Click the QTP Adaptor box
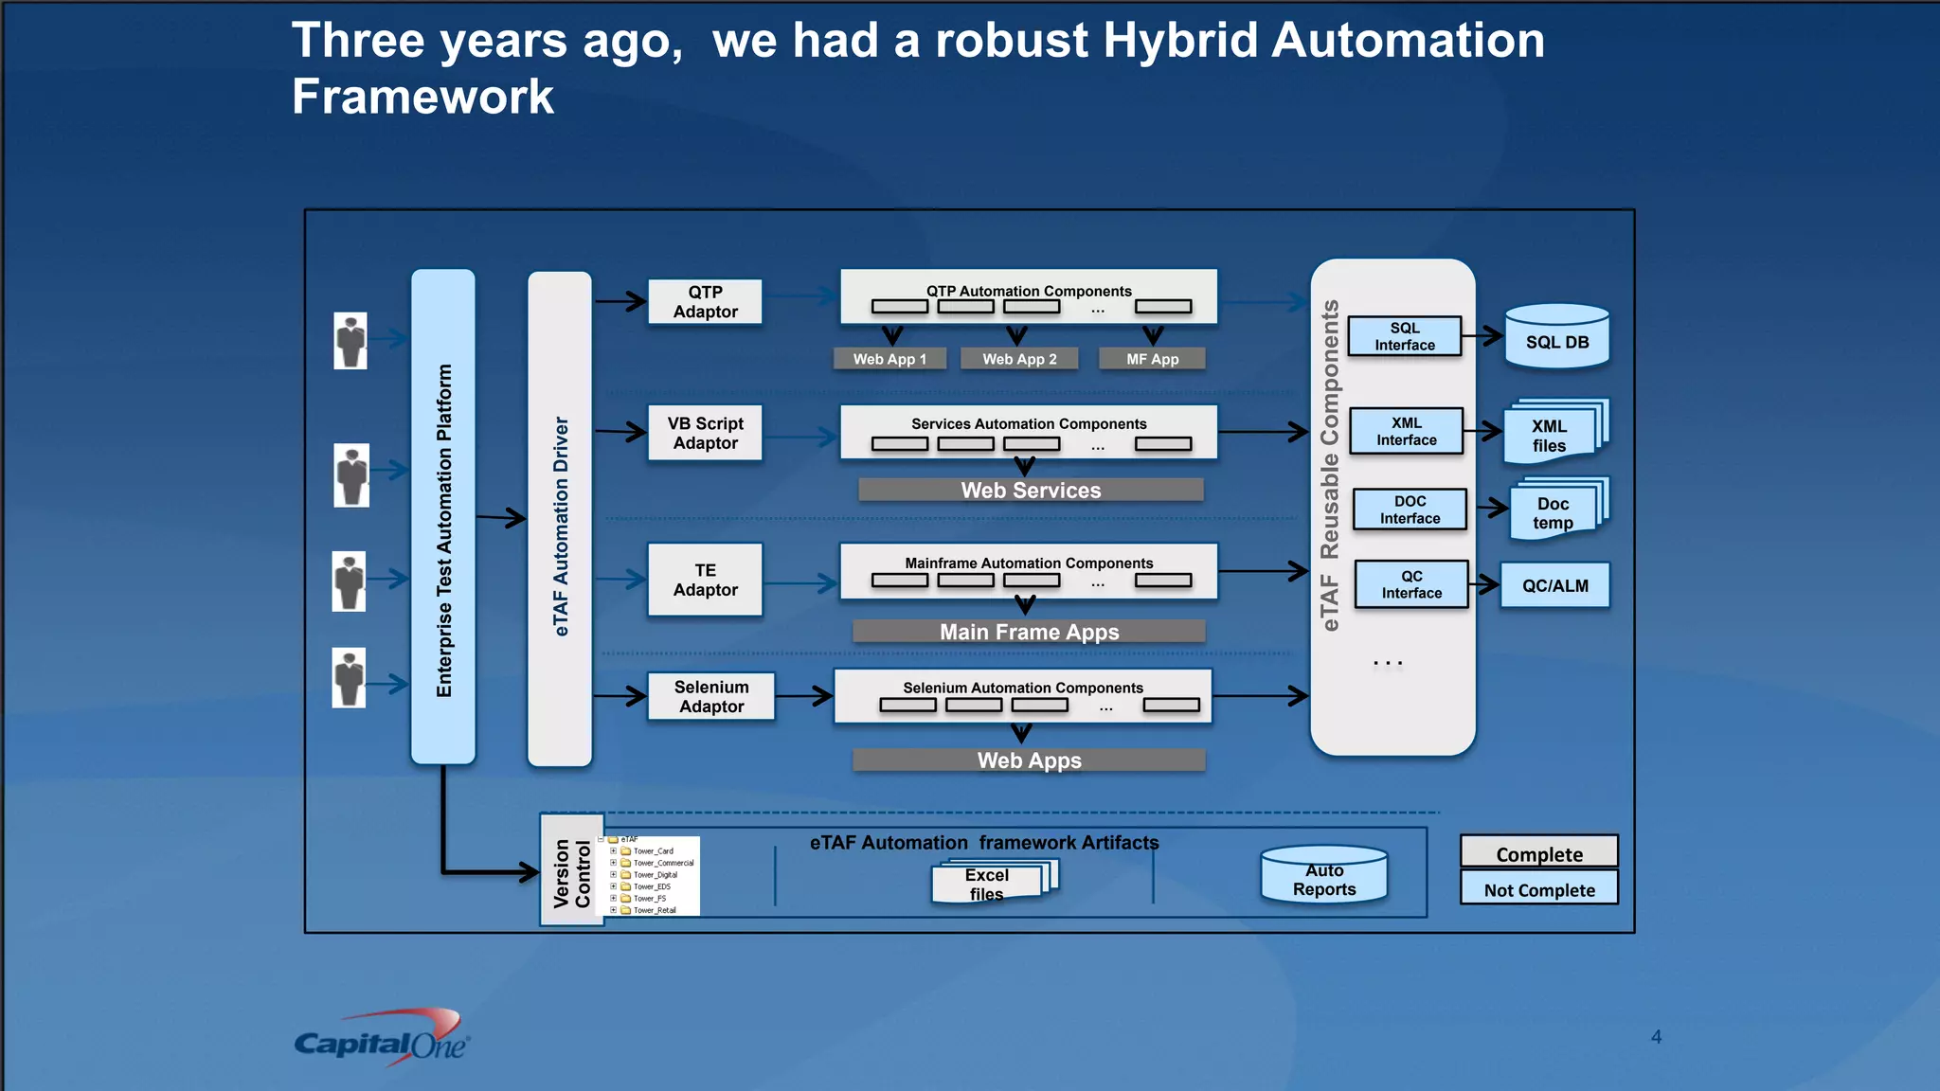click(705, 302)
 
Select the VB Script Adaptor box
click(705, 433)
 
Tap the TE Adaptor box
click(705, 580)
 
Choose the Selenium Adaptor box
click(710, 697)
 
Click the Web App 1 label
click(889, 359)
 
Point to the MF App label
click(1152, 359)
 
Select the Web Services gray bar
click(1031, 490)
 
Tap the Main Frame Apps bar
click(1029, 632)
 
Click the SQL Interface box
click(1404, 336)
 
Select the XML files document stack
click(1552, 434)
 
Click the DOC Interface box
click(1410, 510)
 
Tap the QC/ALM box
click(1554, 585)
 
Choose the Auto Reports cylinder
click(1323, 877)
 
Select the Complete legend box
click(1538, 853)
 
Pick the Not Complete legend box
click(1538, 889)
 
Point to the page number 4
click(1656, 1037)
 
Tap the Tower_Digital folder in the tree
click(654, 875)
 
